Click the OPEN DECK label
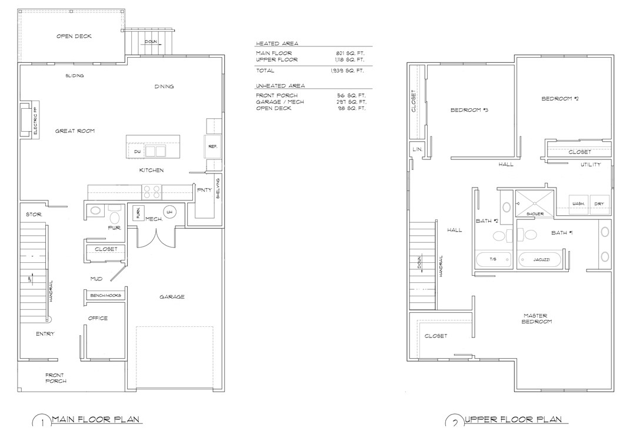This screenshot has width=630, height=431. point(74,36)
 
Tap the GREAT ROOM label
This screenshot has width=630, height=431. point(75,131)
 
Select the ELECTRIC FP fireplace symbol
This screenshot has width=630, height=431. point(27,121)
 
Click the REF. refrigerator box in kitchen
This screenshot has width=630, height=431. point(212,146)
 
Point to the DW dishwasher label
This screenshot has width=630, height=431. point(136,152)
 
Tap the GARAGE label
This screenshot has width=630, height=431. point(172,297)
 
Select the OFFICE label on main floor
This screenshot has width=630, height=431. point(98,319)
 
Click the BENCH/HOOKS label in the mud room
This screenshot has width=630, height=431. point(105,295)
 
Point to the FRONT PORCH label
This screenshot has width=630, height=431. point(56,378)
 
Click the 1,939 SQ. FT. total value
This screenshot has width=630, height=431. point(347,71)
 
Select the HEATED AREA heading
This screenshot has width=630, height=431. point(276,44)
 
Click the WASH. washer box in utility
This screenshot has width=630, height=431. point(578,203)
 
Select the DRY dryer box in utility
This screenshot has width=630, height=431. point(599,203)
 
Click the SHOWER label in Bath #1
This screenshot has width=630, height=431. point(535,213)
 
